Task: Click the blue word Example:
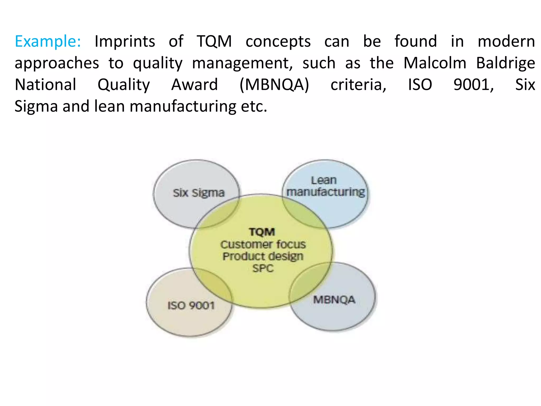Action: pyautogui.click(x=48, y=41)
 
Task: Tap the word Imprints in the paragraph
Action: pyautogui.click(x=125, y=41)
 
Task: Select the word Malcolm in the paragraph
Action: pyautogui.click(x=435, y=63)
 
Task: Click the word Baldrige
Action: pyautogui.click(x=505, y=64)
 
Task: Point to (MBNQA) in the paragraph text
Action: pyautogui.click(x=274, y=85)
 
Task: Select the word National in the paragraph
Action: pyautogui.click(x=45, y=85)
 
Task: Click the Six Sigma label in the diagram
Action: pyautogui.click(x=199, y=193)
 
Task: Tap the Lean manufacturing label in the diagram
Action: pyautogui.click(x=325, y=186)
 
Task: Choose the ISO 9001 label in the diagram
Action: pyautogui.click(x=191, y=306)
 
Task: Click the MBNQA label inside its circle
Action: pyautogui.click(x=334, y=300)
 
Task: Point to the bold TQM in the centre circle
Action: pyautogui.click(x=262, y=232)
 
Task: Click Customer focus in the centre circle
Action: pyautogui.click(x=263, y=244)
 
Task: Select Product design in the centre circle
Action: pyautogui.click(x=263, y=256)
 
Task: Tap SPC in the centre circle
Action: pyautogui.click(x=263, y=269)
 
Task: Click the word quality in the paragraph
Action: pyautogui.click(x=158, y=64)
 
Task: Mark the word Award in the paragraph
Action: pyautogui.click(x=195, y=85)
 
